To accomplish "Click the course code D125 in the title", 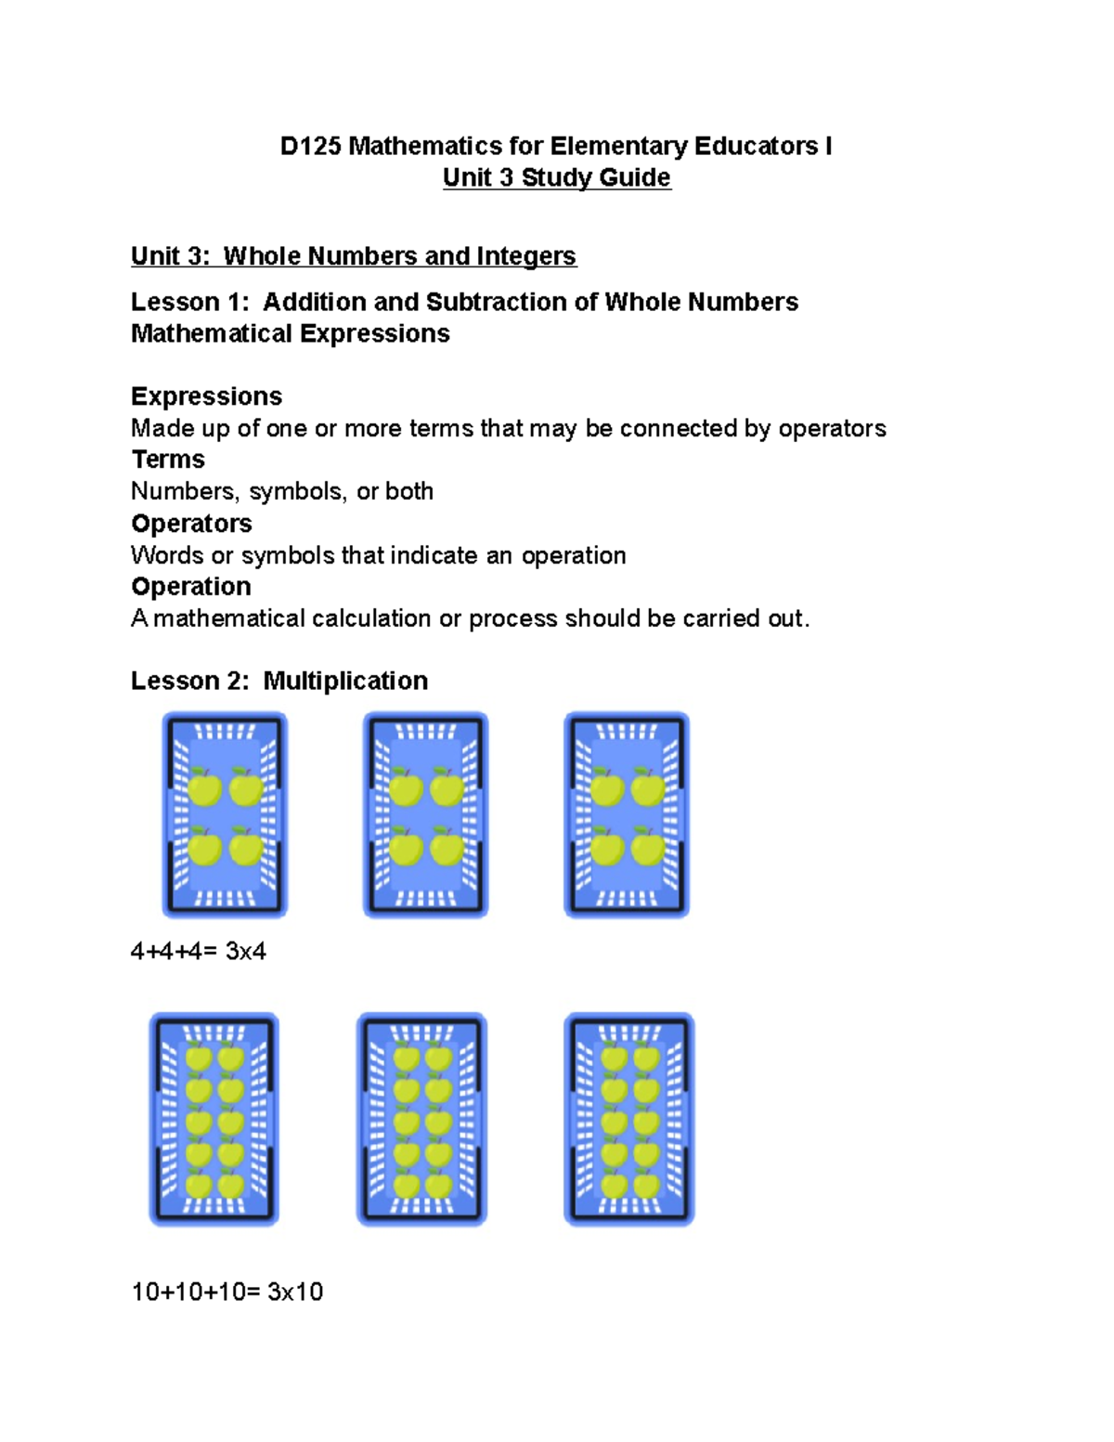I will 311,147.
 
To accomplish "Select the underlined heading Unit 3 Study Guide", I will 556,177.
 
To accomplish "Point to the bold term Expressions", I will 206,396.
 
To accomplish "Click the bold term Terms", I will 168,460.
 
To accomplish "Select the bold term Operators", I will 191,524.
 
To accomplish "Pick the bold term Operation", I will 190,587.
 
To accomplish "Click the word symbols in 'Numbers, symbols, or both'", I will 294,491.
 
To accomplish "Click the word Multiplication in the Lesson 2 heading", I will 345,681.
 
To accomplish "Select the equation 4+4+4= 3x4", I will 199,951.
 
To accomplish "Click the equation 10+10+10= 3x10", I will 227,1292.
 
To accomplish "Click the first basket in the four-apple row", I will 225,814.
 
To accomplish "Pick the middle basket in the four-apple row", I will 425,814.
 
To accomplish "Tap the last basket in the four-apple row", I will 627,814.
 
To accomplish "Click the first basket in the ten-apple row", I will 214,1119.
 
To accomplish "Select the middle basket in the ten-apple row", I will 421,1119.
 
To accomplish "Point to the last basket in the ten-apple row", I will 629,1119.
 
